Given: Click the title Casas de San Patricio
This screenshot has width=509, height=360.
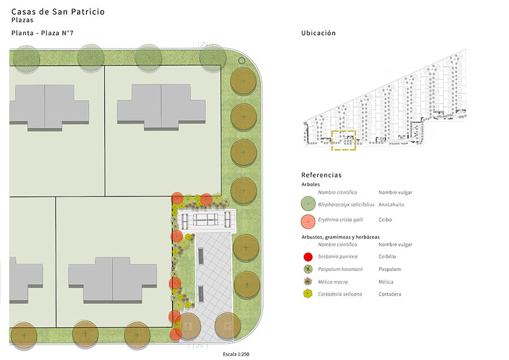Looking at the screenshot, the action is (x=58, y=12).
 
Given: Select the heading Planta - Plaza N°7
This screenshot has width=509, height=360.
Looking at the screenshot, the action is (x=42, y=33).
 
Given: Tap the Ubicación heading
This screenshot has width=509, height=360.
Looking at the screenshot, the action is (x=318, y=33).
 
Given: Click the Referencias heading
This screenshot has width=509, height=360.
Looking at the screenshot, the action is (x=321, y=175).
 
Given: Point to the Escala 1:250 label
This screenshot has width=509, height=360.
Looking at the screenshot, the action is (x=236, y=354).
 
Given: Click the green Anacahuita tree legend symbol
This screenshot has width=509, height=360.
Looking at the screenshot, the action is (x=308, y=204).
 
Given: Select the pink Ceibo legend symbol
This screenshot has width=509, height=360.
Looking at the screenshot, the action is (x=308, y=221).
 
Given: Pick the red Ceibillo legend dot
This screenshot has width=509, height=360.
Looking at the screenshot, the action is (x=308, y=256).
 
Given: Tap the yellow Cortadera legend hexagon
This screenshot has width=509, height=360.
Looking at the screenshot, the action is (x=308, y=294).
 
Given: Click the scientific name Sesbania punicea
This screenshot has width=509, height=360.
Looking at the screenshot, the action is (x=338, y=256).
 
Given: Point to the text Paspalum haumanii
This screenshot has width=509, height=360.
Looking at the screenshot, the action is (x=340, y=269).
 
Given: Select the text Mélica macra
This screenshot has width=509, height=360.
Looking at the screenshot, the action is (x=333, y=282).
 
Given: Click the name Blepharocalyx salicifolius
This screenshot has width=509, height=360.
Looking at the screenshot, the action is (x=346, y=204).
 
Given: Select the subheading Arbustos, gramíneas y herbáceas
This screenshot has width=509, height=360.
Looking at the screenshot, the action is (x=340, y=237).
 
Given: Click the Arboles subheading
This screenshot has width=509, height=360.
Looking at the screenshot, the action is (x=310, y=184).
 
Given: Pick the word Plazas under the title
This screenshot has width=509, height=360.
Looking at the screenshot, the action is (x=23, y=20).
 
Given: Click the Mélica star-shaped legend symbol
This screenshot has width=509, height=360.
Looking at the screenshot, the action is (x=308, y=281).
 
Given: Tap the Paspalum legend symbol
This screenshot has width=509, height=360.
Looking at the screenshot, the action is (x=308, y=269).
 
